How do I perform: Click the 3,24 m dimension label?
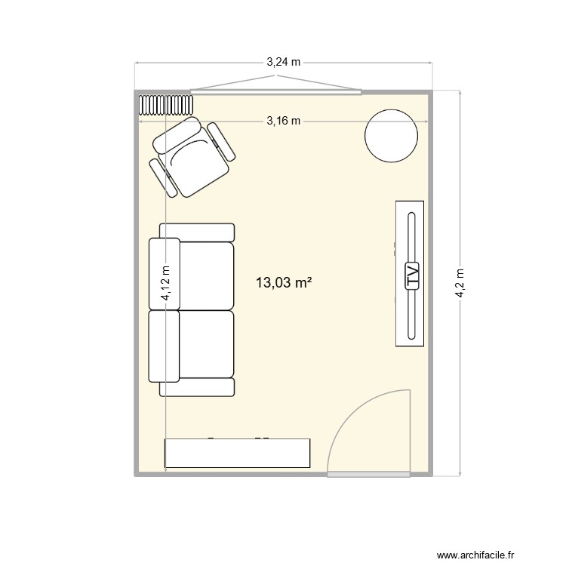(x=283, y=63)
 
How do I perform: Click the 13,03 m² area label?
(x=284, y=283)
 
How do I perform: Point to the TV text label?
(x=412, y=275)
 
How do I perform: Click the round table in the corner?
(x=391, y=136)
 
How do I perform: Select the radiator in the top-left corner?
(x=166, y=103)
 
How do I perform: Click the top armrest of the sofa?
(x=197, y=232)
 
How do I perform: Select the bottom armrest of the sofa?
(x=197, y=388)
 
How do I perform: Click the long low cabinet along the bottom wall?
(x=238, y=453)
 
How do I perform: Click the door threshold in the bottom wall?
(x=369, y=475)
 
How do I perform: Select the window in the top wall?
(x=275, y=92)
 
